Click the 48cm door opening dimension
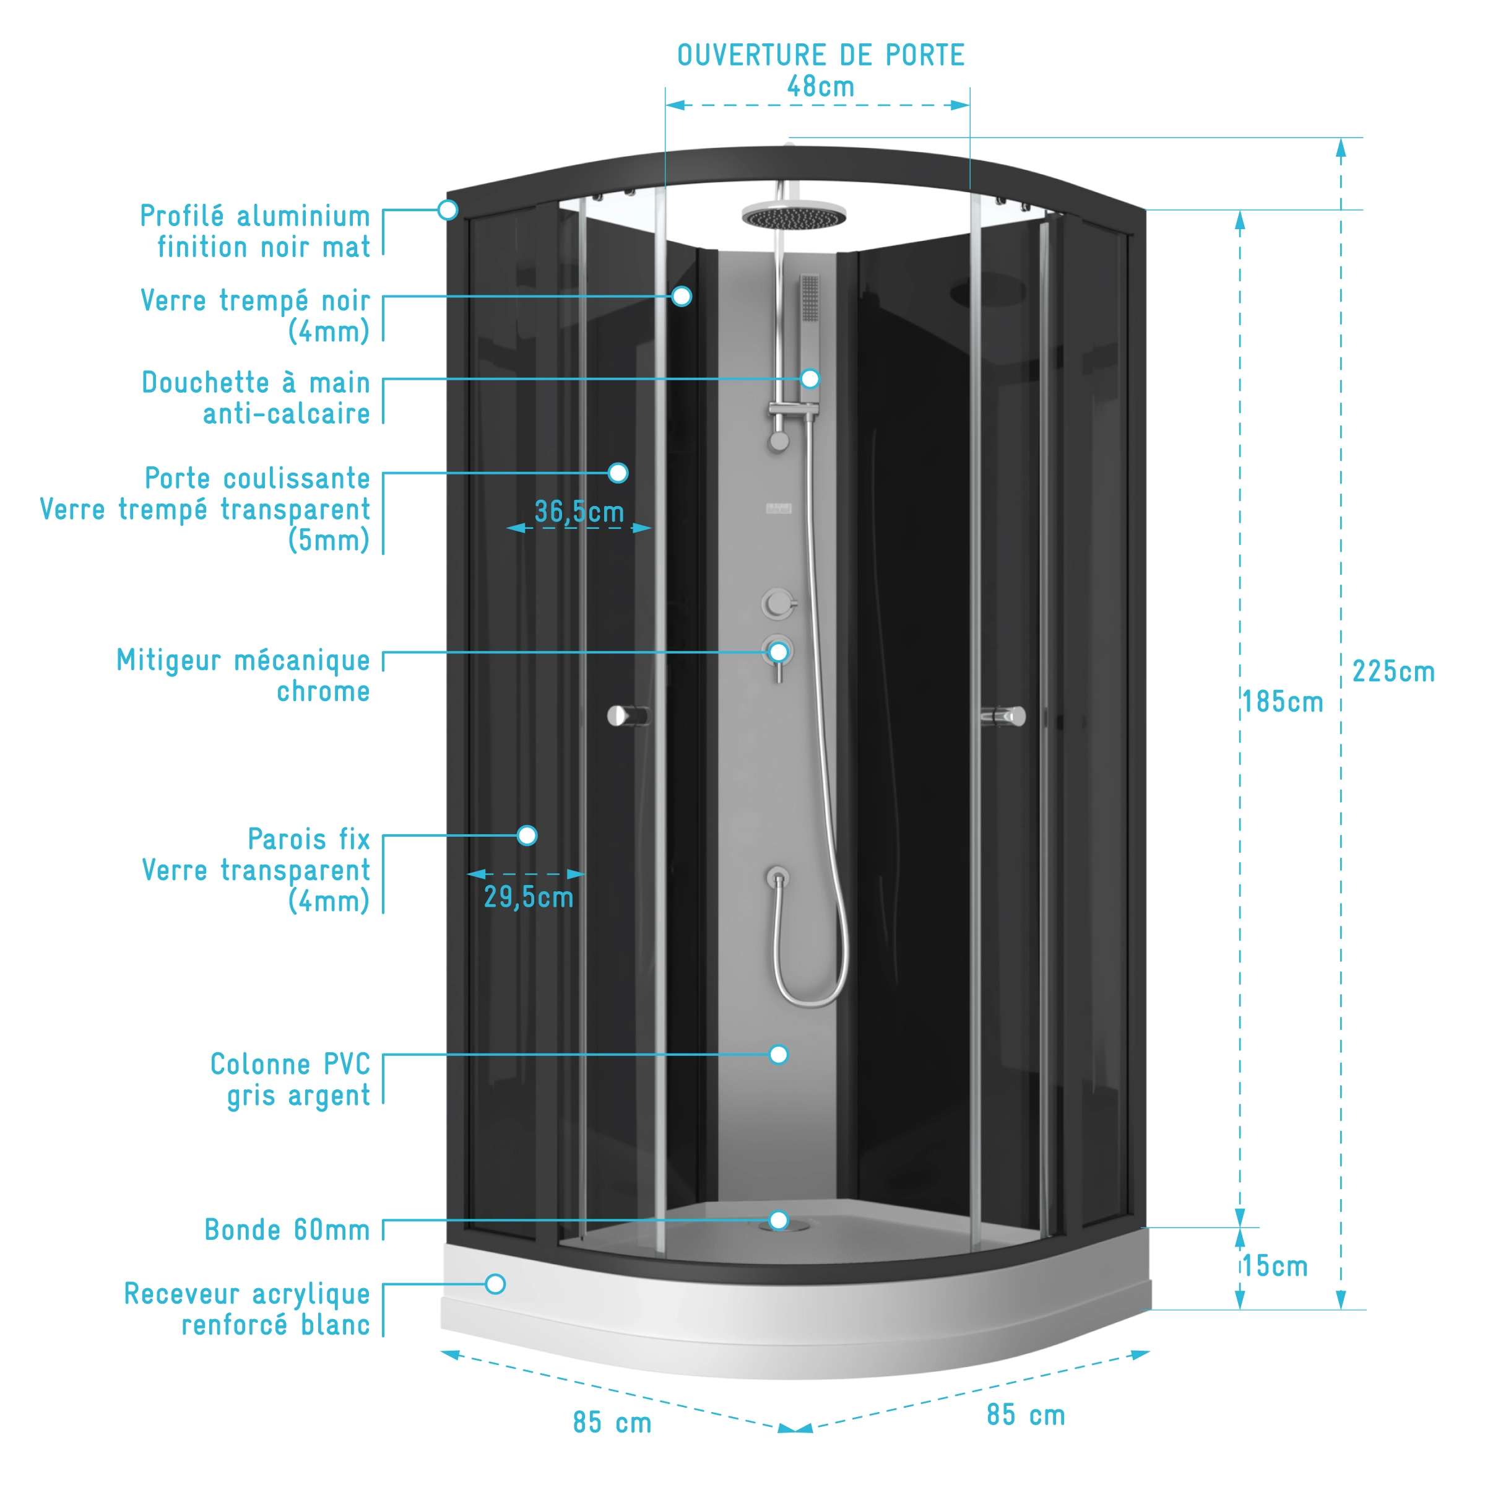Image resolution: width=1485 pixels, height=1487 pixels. click(820, 87)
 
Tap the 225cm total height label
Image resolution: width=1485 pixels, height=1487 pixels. click(1393, 672)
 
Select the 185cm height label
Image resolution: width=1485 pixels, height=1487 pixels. click(1283, 702)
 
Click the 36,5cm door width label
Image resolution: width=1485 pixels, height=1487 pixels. click(579, 512)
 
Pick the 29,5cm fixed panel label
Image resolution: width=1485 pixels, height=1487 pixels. click(529, 897)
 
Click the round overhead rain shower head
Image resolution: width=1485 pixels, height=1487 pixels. click(794, 216)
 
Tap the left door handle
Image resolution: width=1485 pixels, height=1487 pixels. click(627, 717)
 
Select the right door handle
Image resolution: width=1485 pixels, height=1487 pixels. click(1004, 717)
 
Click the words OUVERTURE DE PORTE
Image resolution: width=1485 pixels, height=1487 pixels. click(820, 55)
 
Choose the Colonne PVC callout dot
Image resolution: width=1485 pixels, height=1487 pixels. click(779, 1055)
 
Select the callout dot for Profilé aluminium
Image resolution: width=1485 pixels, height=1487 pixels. click(448, 209)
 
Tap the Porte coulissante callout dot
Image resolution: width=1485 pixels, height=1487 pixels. click(618, 473)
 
